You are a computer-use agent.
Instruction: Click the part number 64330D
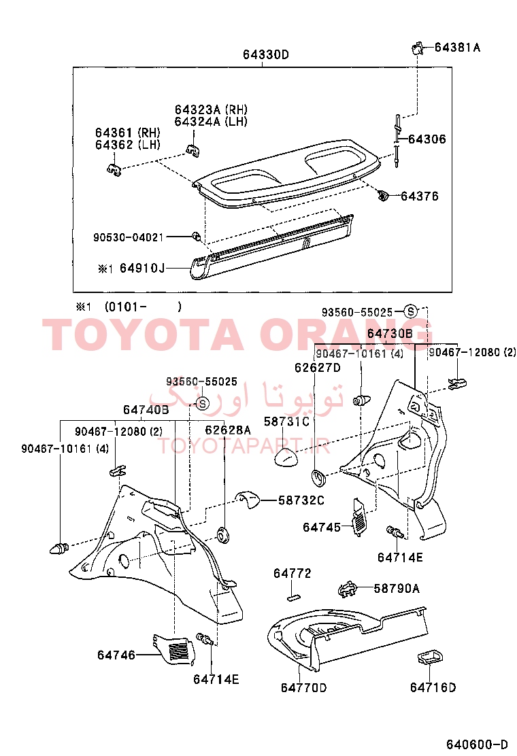(266, 54)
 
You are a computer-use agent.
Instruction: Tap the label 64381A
(457, 48)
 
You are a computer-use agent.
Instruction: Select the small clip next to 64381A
(417, 48)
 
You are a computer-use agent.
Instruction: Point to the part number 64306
(427, 139)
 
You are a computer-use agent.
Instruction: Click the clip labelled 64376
(383, 195)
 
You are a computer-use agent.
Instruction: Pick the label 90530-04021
(129, 237)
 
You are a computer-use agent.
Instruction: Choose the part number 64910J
(142, 268)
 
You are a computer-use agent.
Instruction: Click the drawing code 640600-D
(477, 744)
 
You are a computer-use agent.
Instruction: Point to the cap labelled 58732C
(248, 500)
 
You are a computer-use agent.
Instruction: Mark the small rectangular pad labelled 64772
(293, 597)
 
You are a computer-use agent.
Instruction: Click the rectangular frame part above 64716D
(429, 657)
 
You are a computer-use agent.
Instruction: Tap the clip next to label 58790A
(348, 589)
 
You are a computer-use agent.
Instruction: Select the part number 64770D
(304, 687)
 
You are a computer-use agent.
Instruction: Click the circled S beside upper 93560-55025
(410, 311)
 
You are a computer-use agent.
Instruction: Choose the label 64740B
(146, 410)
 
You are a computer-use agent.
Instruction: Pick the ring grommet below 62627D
(319, 477)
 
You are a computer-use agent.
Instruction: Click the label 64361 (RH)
(128, 133)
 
